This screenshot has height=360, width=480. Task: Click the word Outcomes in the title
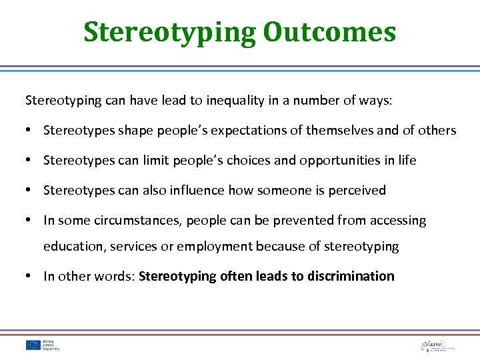(329, 31)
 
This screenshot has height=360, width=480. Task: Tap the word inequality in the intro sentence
(237, 101)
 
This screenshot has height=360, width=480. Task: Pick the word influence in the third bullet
(198, 191)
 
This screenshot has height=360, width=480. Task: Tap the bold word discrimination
(351, 276)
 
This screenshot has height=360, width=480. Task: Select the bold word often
(236, 276)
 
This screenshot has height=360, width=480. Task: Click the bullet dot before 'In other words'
(30, 276)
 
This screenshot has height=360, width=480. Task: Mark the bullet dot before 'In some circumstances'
(30, 221)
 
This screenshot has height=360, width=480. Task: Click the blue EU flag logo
(33, 345)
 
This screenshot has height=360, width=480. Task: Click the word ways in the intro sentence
(376, 101)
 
